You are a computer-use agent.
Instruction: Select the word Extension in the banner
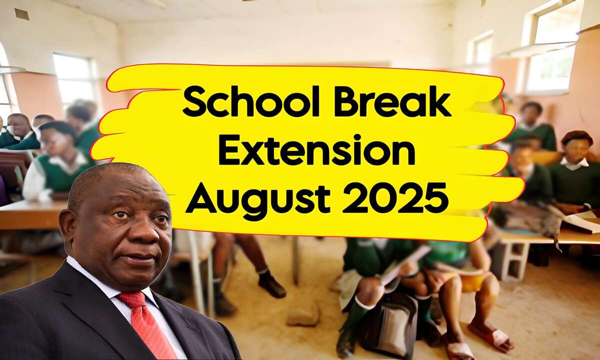click(317, 151)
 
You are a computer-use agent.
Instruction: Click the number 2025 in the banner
click(395, 198)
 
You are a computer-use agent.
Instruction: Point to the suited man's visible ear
click(67, 228)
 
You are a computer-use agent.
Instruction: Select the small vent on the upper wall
click(22, 14)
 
